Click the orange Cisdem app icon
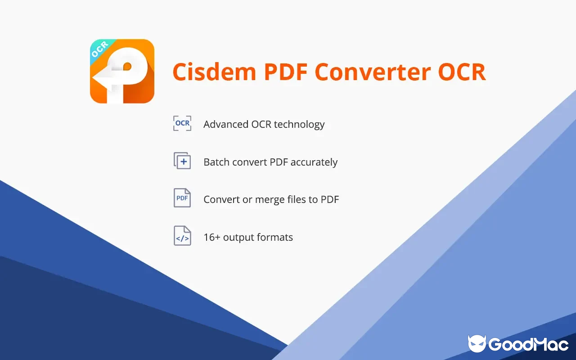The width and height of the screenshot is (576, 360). [x=122, y=72]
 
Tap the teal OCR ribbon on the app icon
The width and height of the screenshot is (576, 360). [x=100, y=49]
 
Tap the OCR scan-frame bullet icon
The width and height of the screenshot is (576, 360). [x=182, y=123]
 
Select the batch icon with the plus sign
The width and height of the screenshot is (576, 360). [x=182, y=161]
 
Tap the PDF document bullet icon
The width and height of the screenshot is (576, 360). [x=182, y=198]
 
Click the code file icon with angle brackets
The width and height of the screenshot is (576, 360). [x=182, y=236]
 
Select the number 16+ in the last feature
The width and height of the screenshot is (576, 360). [x=211, y=237]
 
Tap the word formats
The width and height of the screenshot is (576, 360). [x=275, y=237]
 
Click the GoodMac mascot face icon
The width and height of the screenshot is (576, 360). [x=477, y=344]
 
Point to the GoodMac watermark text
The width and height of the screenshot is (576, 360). [x=528, y=344]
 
